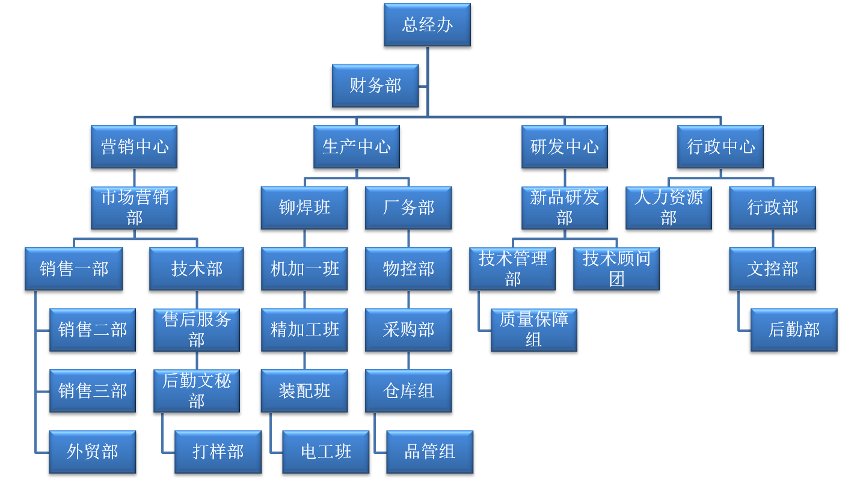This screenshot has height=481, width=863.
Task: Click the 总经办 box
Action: click(427, 25)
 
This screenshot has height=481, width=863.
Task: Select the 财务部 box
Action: click(375, 85)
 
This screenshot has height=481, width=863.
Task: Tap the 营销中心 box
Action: click(134, 147)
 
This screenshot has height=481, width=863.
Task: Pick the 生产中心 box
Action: click(357, 147)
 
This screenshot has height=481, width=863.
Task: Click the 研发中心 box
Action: click(564, 147)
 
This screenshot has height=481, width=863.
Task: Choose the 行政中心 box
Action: click(720, 147)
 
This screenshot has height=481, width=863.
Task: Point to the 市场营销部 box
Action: click(134, 207)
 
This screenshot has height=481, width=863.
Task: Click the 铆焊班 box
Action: click(304, 207)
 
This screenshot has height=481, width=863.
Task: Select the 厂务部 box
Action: click(408, 207)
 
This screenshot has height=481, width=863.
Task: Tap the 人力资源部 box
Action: click(668, 207)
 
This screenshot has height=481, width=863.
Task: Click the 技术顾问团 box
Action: click(616, 269)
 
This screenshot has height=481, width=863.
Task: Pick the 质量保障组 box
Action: click(534, 329)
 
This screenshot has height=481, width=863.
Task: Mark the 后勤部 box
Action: click(794, 329)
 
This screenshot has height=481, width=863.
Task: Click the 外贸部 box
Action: click(93, 452)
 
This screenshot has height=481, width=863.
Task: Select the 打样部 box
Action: click(218, 452)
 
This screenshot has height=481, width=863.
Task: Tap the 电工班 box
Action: click(326, 452)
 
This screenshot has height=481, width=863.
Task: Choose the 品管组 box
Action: click(429, 452)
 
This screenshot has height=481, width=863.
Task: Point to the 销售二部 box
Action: click(93, 329)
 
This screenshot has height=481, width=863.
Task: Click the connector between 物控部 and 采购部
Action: click(409, 299)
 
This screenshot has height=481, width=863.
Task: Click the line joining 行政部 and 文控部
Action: click(773, 238)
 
